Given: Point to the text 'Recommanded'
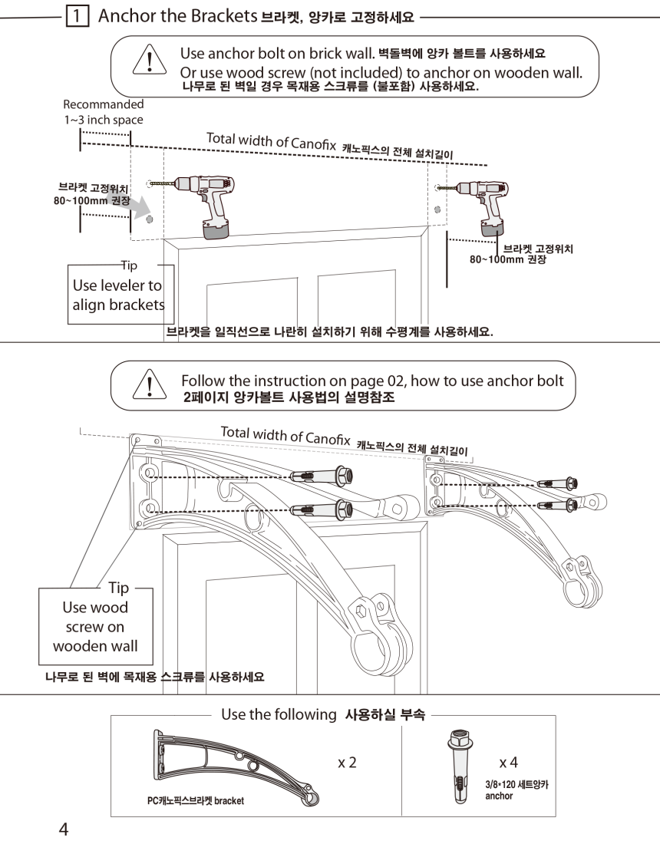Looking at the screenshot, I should (x=103, y=104).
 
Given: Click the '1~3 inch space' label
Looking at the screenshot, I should (x=103, y=120).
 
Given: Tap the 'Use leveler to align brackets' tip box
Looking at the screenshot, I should (x=118, y=295).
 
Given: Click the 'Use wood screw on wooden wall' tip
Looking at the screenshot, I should (x=95, y=626).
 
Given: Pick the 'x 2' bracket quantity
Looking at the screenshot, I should (x=347, y=763).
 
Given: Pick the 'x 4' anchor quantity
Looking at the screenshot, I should (x=508, y=763).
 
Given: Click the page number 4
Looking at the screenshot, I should (x=64, y=829).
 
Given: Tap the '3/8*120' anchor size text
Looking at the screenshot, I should (x=516, y=786).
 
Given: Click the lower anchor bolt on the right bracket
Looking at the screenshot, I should (x=557, y=504).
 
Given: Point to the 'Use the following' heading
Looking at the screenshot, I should (x=279, y=714).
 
